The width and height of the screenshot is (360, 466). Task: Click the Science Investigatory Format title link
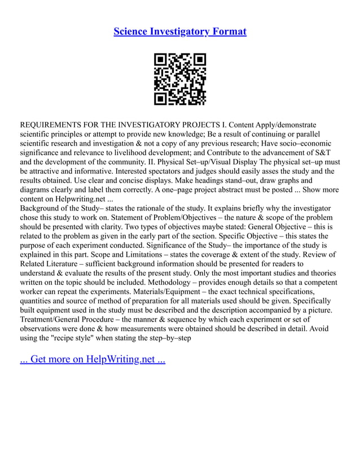[x=180, y=31]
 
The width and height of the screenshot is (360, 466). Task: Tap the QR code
[x=180, y=80]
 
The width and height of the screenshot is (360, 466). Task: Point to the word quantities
[x=38, y=301]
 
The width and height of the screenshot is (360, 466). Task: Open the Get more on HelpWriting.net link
[x=93, y=359]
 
